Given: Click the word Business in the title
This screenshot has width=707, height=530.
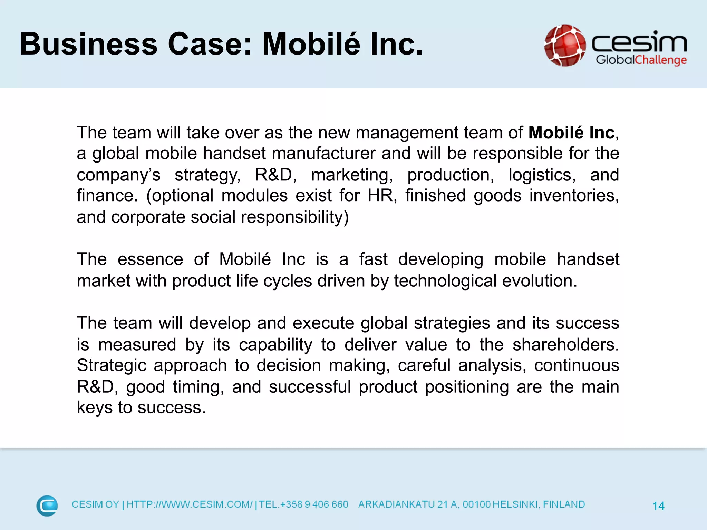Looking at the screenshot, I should click(x=88, y=44).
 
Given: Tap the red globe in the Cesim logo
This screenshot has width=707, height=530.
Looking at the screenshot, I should click(x=565, y=45).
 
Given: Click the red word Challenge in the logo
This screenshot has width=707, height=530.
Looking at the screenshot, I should click(x=661, y=60).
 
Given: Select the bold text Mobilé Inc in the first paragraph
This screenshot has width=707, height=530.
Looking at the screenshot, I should click(x=571, y=133).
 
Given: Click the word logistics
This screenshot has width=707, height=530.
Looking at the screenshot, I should click(x=542, y=175).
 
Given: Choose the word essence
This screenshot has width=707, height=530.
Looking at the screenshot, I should click(x=150, y=259).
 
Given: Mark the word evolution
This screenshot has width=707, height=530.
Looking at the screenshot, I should click(x=539, y=281).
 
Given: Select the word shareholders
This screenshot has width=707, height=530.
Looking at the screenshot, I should click(x=565, y=345).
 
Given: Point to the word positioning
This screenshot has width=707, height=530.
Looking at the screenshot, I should click(x=467, y=387).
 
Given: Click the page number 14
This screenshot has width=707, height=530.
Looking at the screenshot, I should click(x=658, y=506).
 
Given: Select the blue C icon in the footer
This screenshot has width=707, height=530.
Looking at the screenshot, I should click(x=47, y=506).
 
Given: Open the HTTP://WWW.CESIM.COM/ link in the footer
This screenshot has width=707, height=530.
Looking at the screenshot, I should click(x=190, y=504).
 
